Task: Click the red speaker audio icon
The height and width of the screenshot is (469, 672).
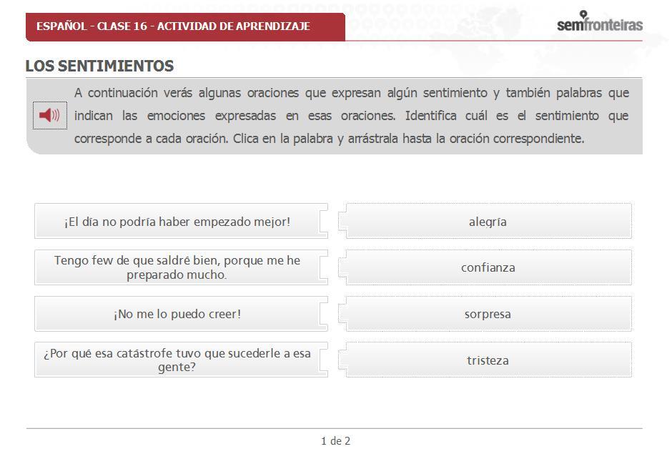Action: coord(49,115)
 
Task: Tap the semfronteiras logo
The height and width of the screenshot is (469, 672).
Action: coord(599,24)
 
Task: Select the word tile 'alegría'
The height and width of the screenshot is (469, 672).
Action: coord(488,222)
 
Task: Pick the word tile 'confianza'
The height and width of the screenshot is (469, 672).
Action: coord(488,267)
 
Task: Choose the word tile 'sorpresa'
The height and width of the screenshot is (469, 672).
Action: coord(488,314)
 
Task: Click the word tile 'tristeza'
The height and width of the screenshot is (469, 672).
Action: coord(488,360)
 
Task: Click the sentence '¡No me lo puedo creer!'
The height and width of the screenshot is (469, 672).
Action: coord(177,314)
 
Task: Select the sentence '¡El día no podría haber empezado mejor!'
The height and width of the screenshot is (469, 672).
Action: coord(177,222)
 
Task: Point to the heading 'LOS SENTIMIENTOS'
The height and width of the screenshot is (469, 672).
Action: coord(99,66)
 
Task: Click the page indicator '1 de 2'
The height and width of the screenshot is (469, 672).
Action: coord(335,441)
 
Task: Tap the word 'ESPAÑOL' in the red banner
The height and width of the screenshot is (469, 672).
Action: coord(61,26)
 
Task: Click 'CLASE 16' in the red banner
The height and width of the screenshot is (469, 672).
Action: coord(122,26)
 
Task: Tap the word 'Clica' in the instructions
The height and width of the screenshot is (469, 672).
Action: coord(247,139)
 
